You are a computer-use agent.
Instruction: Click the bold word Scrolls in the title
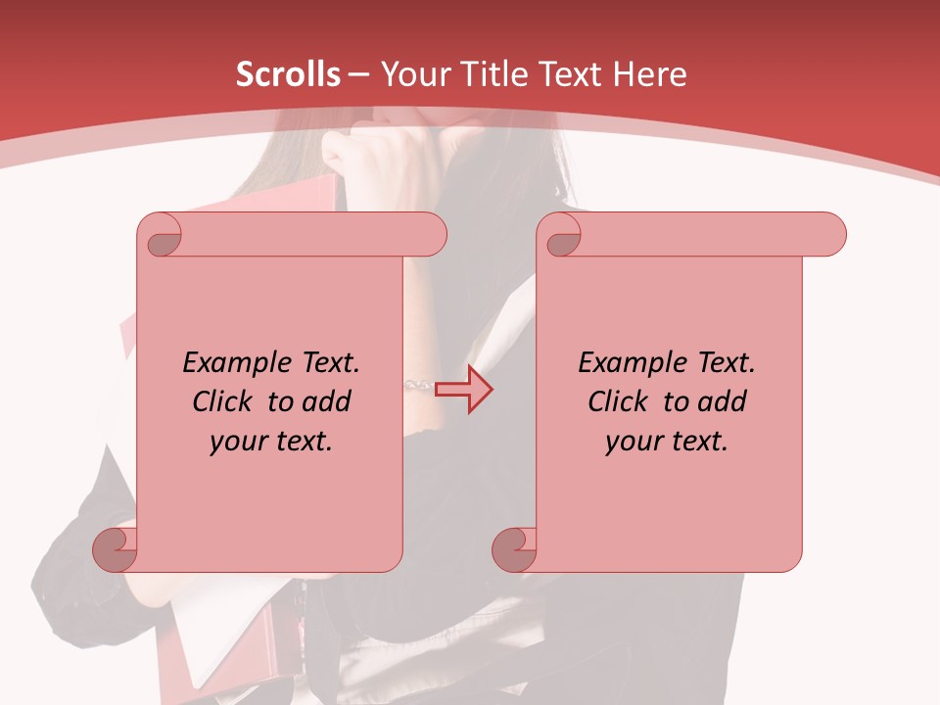point(288,74)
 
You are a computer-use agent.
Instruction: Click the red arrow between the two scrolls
point(464,389)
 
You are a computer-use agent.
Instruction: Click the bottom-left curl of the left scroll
point(116,549)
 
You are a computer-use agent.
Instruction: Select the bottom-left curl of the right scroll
point(515,549)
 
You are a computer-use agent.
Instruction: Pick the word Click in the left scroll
point(221,401)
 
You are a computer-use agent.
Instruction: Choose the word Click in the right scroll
point(617,401)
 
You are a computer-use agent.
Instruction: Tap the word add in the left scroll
point(326,401)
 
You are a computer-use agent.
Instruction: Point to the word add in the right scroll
point(722,401)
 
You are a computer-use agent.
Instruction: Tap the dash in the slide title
point(358,74)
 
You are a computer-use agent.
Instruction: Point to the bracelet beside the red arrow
point(419,386)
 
